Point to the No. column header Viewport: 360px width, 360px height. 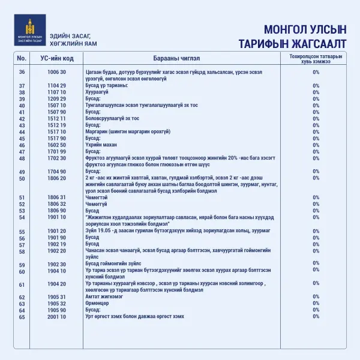pyautogui.click(x=22, y=58)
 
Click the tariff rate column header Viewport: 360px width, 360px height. pyautogui.click(x=316, y=58)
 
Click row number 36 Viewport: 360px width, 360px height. pyautogui.click(x=22, y=72)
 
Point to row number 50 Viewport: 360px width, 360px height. pyautogui.click(x=22, y=178)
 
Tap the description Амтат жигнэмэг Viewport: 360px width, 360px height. pyautogui.click(x=104, y=296)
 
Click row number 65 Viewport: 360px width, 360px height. pyautogui.click(x=22, y=316)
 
